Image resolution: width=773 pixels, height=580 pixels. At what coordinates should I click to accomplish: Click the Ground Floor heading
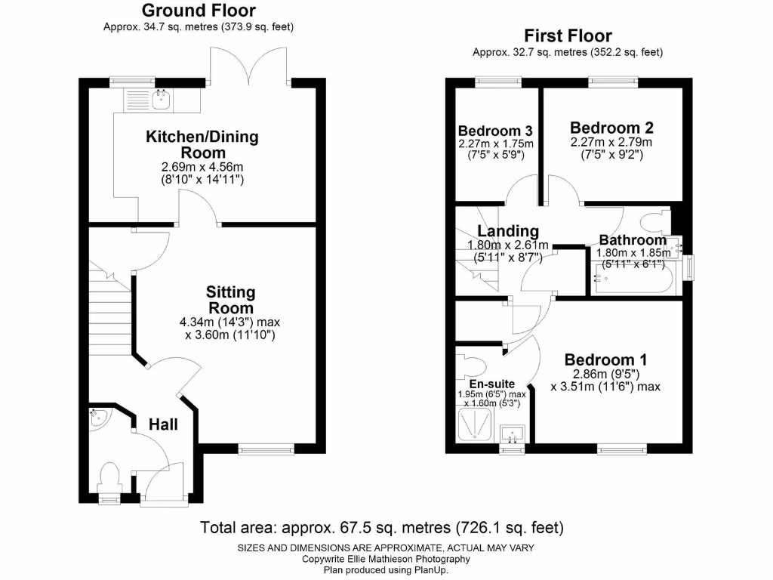tap(198, 11)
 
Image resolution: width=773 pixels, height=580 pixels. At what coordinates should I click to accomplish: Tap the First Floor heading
tap(568, 35)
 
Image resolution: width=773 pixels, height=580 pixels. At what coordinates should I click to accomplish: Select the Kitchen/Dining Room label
tap(202, 144)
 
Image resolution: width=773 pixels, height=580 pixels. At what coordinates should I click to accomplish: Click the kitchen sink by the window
tap(161, 96)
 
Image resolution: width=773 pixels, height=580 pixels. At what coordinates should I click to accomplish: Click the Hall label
tap(163, 425)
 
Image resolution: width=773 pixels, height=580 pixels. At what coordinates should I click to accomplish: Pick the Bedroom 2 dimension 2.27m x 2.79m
tap(611, 141)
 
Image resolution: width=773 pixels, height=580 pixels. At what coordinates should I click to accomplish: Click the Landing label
tap(507, 231)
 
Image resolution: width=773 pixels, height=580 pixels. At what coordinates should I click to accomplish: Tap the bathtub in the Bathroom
tap(631, 279)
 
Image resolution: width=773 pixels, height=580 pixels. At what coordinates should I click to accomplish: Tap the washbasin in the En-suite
tap(514, 433)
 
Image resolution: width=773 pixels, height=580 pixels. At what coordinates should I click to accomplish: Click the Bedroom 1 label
tap(605, 359)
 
